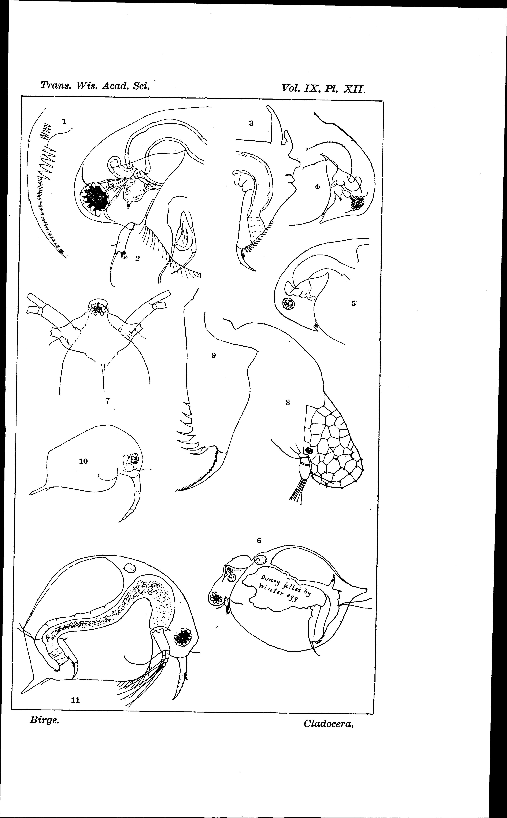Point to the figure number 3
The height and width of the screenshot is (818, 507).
(251, 123)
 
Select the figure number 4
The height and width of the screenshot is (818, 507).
(317, 186)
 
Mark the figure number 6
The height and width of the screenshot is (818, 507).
(259, 540)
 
